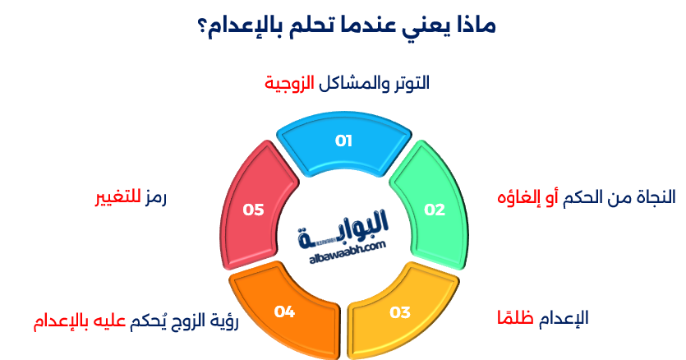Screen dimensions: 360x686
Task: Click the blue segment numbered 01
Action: click(343, 141)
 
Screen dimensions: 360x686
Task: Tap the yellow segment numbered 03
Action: click(399, 312)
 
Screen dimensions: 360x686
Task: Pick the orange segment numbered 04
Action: click(284, 312)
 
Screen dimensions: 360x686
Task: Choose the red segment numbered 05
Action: click(253, 210)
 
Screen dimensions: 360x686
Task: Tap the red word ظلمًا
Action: click(516, 318)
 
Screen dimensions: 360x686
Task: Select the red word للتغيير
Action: click(117, 197)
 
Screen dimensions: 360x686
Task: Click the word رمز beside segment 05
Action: click(154, 197)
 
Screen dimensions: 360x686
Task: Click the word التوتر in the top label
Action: click(410, 84)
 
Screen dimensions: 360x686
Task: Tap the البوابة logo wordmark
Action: click(345, 226)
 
